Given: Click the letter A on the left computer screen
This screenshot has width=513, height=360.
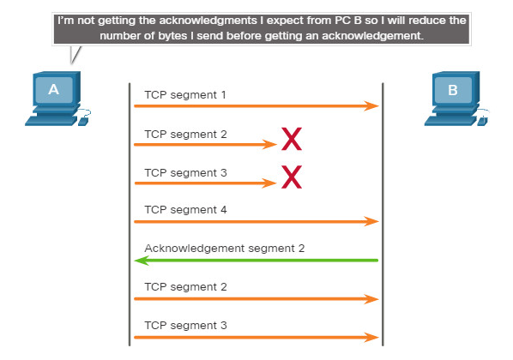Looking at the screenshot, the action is coord(54,89).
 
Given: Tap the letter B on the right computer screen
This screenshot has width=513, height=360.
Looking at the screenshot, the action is coord(452,90).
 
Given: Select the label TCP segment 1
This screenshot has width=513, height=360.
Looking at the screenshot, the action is coord(185,95).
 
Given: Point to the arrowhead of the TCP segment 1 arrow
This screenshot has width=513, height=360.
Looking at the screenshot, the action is coord(372,106).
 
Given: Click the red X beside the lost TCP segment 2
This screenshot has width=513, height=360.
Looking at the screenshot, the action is coord(292,139).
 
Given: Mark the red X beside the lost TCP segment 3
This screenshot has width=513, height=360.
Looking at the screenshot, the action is coord(292,177).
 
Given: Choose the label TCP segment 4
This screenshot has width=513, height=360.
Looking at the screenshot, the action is coord(185,210).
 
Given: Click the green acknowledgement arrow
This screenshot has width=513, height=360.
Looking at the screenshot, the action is coord(256,261).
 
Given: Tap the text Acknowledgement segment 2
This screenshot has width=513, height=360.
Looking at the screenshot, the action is coord(225,249).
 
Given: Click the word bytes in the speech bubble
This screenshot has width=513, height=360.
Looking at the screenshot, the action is coord(176,36).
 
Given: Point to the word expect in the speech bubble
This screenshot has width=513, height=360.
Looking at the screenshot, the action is coord(285,21).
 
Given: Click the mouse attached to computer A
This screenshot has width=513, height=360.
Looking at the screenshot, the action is coord(83,122).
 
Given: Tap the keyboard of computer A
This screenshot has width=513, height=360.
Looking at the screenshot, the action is coord(51,121).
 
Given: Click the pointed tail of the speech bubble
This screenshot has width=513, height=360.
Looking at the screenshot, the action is coord(71,63).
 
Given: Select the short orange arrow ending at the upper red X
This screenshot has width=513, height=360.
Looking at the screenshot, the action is coord(206,144).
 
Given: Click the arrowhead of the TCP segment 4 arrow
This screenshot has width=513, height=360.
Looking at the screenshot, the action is coord(372,222).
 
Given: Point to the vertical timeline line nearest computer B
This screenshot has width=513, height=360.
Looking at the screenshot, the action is coord(383,214).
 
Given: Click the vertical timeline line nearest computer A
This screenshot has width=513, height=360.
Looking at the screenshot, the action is coord(130,214).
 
